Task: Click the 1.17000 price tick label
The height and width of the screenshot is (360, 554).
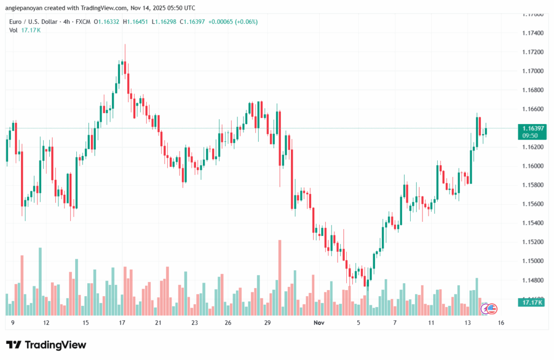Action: tap(532, 71)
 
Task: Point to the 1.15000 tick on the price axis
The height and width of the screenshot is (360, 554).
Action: tap(532, 261)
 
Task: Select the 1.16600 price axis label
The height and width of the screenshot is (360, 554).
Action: tap(532, 109)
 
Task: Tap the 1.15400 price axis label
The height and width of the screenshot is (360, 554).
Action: tap(532, 223)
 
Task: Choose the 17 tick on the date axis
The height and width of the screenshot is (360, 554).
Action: tap(122, 323)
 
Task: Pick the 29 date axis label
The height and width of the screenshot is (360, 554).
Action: tap(267, 323)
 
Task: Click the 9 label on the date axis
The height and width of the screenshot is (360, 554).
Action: tap(12, 323)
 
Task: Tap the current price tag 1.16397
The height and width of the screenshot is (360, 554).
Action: tap(533, 128)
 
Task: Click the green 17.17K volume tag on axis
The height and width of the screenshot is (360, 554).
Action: tap(533, 302)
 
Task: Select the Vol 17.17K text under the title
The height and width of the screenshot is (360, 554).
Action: tap(25, 30)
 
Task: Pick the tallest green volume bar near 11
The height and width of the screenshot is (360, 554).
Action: tap(39, 281)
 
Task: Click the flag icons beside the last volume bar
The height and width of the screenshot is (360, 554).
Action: tap(490, 309)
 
